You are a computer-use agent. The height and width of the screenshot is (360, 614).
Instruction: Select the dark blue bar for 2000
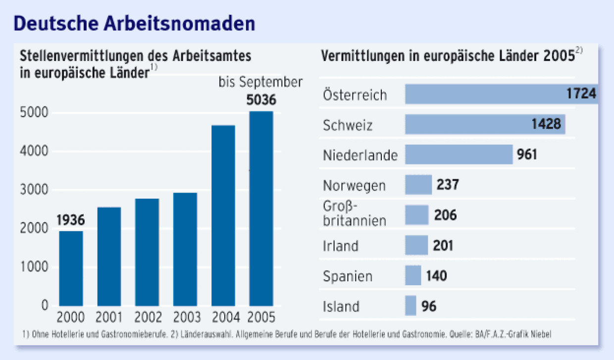pyautogui.click(x=71, y=268)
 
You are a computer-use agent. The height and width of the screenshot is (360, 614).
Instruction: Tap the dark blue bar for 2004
pyautogui.click(x=223, y=215)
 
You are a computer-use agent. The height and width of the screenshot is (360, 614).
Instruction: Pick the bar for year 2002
pyautogui.click(x=147, y=252)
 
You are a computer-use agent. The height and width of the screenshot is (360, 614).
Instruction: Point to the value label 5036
pyautogui.click(x=261, y=101)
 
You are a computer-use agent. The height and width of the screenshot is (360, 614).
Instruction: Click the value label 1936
pyautogui.click(x=70, y=220)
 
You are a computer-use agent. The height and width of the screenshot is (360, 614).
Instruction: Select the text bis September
pyautogui.click(x=260, y=82)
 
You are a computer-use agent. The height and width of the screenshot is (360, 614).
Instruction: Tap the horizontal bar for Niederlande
pyautogui.click(x=459, y=154)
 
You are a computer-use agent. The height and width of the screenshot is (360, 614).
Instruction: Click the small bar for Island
pyautogui.click(x=410, y=306)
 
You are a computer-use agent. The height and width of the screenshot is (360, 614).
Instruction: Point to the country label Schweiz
pyautogui.click(x=348, y=125)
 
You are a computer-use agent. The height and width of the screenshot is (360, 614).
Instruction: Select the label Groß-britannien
pyautogui.click(x=354, y=214)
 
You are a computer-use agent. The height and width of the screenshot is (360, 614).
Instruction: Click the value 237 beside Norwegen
pyautogui.click(x=448, y=185)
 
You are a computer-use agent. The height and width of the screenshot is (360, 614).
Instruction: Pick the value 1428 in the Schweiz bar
pyautogui.click(x=546, y=124)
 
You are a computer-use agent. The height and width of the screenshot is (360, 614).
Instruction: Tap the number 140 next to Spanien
pyautogui.click(x=436, y=275)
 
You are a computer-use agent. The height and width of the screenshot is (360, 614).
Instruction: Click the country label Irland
pyautogui.click(x=341, y=246)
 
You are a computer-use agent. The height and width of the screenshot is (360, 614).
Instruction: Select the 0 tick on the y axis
pyautogui.click(x=45, y=306)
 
